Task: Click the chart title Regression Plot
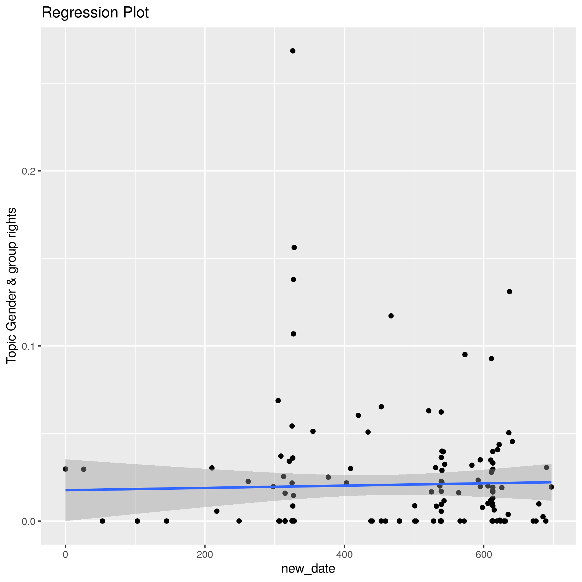pyautogui.click(x=95, y=13)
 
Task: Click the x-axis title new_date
pyautogui.click(x=308, y=569)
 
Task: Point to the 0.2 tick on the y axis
pyautogui.click(x=29, y=171)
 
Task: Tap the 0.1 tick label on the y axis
pyautogui.click(x=29, y=346)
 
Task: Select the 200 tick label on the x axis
pyautogui.click(x=205, y=555)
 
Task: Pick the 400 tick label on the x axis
pyautogui.click(x=344, y=555)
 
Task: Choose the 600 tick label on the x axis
pyautogui.click(x=484, y=555)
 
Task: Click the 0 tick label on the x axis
pyautogui.click(x=65, y=555)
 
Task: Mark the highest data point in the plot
pyautogui.click(x=292, y=51)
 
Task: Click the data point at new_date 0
pyautogui.click(x=65, y=469)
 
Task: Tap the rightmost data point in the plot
pyautogui.click(x=551, y=487)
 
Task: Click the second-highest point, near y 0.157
pyautogui.click(x=294, y=247)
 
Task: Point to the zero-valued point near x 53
pyautogui.click(x=103, y=521)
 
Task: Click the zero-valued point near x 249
pyautogui.click(x=239, y=521)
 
